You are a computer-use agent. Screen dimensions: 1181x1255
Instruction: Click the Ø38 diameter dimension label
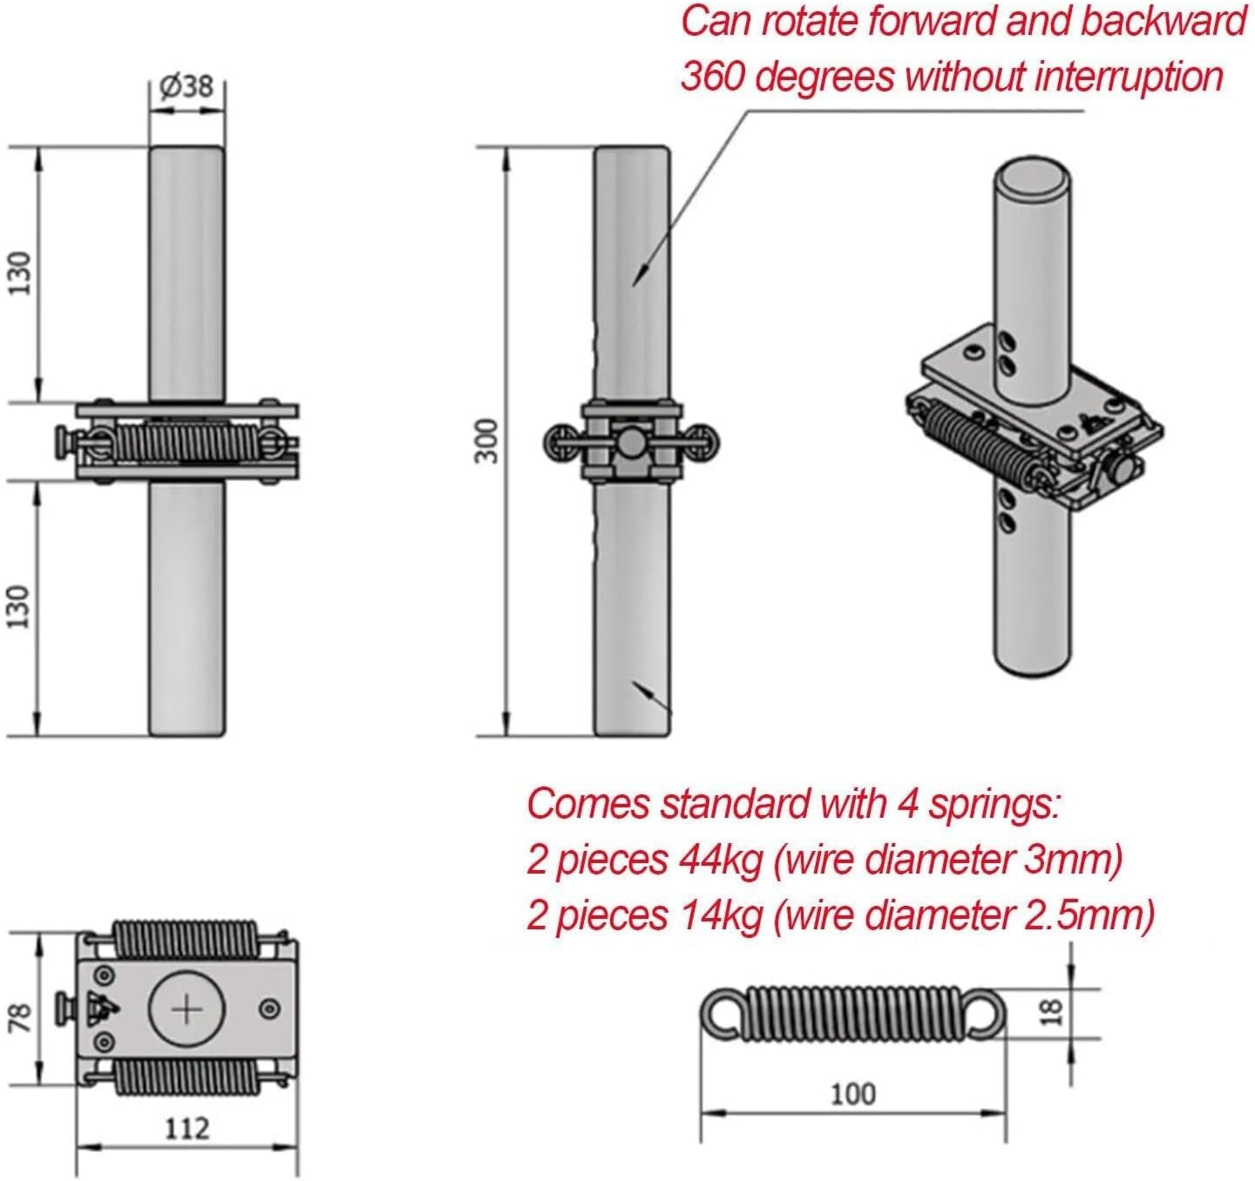coord(187,87)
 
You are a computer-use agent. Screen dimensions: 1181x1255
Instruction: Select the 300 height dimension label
coord(490,441)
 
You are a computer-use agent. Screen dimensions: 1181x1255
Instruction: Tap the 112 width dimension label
coord(187,1129)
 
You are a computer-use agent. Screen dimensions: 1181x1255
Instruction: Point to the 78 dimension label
coord(20,1016)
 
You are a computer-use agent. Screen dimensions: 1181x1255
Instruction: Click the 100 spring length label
coord(851,1094)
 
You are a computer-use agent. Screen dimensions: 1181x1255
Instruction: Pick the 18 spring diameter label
coord(1053,1011)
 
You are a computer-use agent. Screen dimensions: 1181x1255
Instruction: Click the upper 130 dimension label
coord(20,273)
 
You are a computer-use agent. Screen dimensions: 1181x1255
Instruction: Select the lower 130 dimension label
coord(20,606)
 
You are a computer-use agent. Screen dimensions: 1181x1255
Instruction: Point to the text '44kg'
coord(720,860)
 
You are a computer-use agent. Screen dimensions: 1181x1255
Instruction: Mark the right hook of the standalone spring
coord(985,1013)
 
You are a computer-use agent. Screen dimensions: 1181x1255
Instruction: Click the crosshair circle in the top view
coord(187,1009)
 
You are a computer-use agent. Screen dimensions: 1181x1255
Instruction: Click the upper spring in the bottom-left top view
coord(187,940)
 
